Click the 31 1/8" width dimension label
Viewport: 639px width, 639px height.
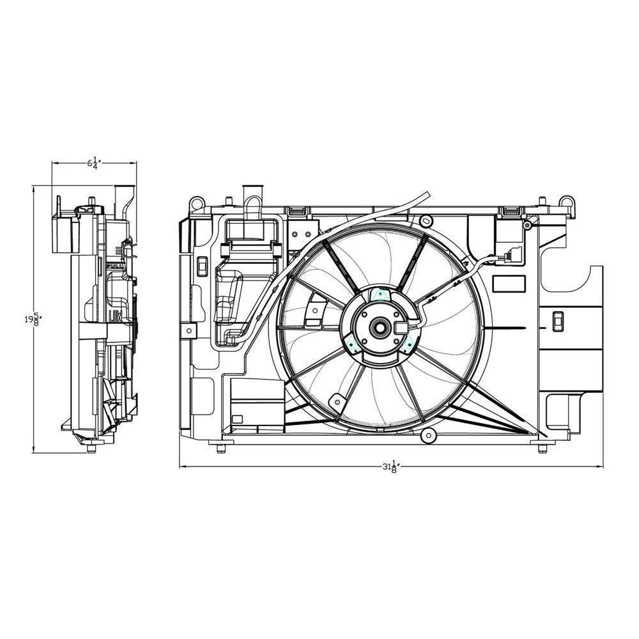[x=390, y=467]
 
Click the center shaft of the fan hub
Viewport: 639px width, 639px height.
[x=379, y=328]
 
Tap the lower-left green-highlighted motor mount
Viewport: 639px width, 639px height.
[x=352, y=346]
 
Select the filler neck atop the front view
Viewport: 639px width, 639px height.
[x=254, y=194]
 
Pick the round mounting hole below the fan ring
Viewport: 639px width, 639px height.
[x=428, y=436]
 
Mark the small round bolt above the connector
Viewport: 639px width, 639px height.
[x=526, y=225]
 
